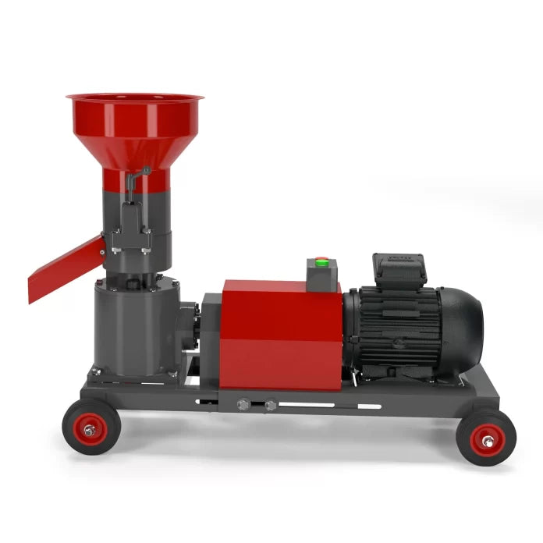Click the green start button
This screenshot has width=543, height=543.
320,262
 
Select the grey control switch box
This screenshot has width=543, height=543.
321,273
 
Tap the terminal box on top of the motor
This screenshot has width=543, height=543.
399,268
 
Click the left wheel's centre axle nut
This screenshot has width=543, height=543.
91,431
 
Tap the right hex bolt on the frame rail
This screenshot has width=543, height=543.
270,406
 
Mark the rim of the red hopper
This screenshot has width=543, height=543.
134,98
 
